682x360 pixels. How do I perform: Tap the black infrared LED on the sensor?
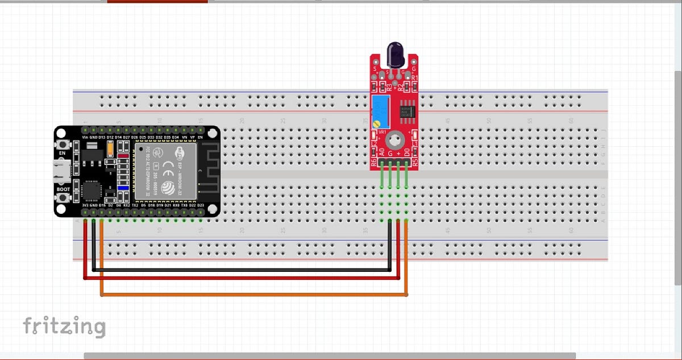(395, 55)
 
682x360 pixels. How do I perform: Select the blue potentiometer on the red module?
(380, 111)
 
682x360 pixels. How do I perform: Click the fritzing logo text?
(64, 326)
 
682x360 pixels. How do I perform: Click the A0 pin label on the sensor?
(382, 152)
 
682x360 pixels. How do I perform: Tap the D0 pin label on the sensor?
(406, 152)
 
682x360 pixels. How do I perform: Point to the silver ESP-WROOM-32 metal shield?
(165, 171)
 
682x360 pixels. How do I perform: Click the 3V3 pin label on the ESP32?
(85, 205)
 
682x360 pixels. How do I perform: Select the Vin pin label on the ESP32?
(85, 138)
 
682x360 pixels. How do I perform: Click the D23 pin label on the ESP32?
(201, 205)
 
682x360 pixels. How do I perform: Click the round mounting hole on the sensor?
(394, 139)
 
